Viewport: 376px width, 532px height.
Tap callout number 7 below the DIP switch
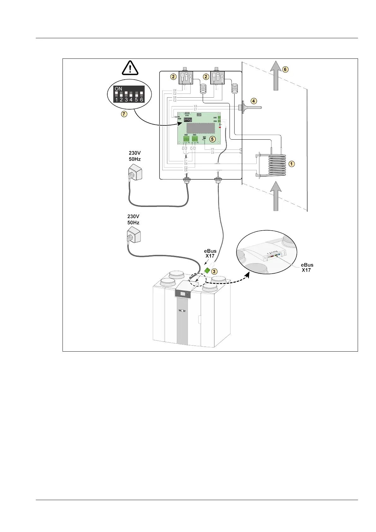pos(124,115)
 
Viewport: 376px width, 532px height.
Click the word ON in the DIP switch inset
pos(118,89)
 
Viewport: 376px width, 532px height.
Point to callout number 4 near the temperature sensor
pos(254,101)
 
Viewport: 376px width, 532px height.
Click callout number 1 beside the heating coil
pos(292,164)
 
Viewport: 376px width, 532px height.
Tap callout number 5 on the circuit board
pos(212,139)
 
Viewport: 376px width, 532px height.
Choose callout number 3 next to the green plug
pos(214,271)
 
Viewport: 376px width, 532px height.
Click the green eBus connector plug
pos(207,270)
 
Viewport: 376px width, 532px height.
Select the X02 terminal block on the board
pos(186,139)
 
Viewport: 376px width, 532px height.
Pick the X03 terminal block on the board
pos(195,139)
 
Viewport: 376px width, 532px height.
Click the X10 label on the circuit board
pos(187,116)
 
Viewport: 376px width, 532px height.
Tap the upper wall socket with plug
pos(135,173)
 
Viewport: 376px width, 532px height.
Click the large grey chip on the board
pos(203,128)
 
